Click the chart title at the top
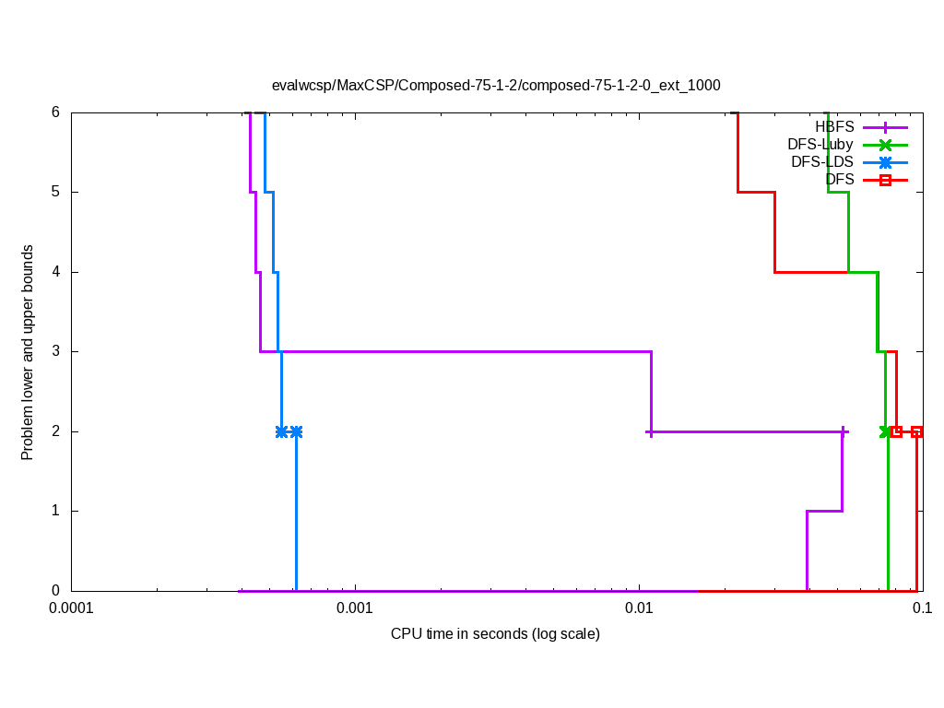click(495, 85)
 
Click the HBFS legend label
click(834, 126)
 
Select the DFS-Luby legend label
click(820, 144)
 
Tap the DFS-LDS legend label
click(822, 161)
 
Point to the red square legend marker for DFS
click(885, 180)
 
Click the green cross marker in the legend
click(885, 145)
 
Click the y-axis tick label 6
click(55, 112)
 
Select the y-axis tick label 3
click(55, 351)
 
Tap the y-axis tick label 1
click(55, 511)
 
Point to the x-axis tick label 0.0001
click(71, 608)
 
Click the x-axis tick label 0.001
click(355, 608)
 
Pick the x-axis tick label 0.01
click(639, 608)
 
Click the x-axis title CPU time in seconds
click(495, 633)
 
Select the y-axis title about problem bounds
click(28, 352)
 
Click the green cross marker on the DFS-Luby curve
click(886, 431)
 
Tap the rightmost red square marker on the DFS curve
click(916, 431)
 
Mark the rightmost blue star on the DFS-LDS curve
click(296, 431)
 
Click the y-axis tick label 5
click(55, 192)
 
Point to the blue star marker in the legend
click(885, 162)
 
